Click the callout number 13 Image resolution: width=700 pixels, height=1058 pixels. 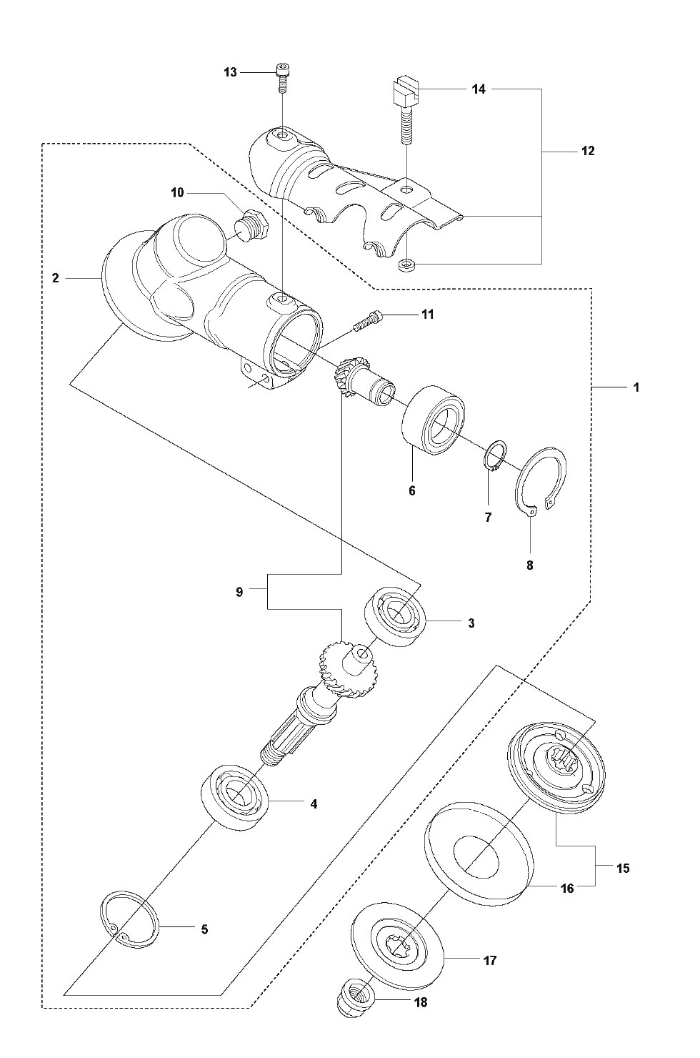(230, 73)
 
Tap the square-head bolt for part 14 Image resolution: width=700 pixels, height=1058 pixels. (406, 109)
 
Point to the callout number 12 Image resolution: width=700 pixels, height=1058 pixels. (588, 151)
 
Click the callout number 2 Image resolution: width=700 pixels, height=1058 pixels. (56, 278)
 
